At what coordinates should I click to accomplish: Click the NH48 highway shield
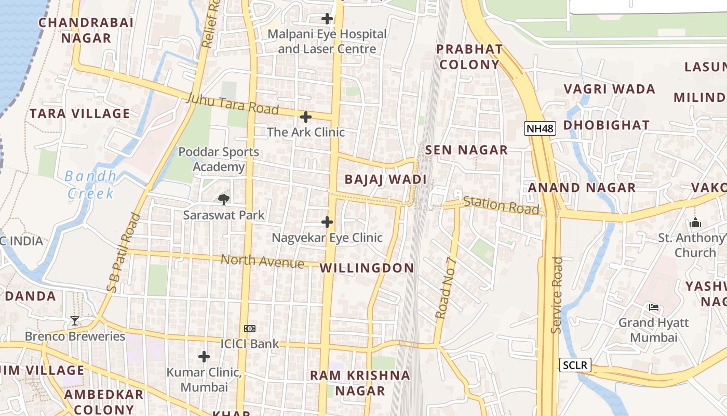540,128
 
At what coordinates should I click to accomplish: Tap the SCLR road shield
576,365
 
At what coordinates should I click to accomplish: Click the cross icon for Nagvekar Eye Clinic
327,222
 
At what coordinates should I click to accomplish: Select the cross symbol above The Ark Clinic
306,117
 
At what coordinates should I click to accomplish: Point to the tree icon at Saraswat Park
224,199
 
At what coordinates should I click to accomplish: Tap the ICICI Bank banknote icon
250,329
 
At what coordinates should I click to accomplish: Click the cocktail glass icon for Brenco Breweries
75,321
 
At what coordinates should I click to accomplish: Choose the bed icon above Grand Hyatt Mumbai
654,307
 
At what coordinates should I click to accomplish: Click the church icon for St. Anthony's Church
695,223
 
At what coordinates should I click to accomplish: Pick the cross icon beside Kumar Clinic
204,357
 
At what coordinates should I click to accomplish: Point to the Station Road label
501,205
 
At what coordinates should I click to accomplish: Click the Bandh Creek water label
91,185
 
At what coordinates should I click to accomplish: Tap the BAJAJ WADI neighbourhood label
385,180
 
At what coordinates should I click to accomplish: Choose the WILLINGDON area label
367,268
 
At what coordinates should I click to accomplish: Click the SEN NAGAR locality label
466,150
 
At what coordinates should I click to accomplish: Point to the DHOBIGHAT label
606,125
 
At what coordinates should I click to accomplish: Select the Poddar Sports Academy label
219,159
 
